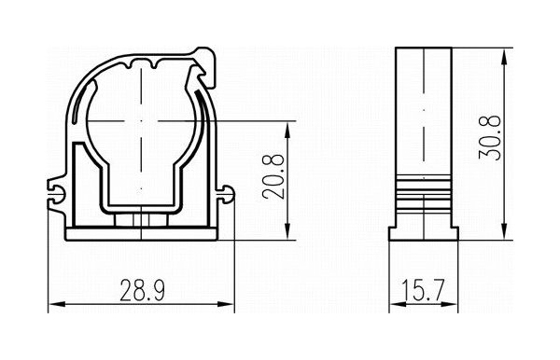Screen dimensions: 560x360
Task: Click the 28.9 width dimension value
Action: click(x=142, y=290)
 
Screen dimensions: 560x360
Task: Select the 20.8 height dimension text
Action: click(x=273, y=176)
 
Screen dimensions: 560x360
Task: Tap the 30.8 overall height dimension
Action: click(x=490, y=138)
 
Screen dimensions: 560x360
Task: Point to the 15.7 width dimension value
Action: click(x=423, y=290)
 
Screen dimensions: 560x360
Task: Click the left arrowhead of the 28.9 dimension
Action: click(x=56, y=304)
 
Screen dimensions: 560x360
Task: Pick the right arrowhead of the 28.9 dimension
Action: click(x=226, y=304)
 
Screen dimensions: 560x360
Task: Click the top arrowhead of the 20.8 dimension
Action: click(x=287, y=130)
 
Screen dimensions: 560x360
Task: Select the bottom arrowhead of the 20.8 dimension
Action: click(x=287, y=231)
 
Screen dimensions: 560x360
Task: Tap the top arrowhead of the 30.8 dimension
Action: click(x=504, y=56)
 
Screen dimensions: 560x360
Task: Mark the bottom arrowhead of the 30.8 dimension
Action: click(x=504, y=231)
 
